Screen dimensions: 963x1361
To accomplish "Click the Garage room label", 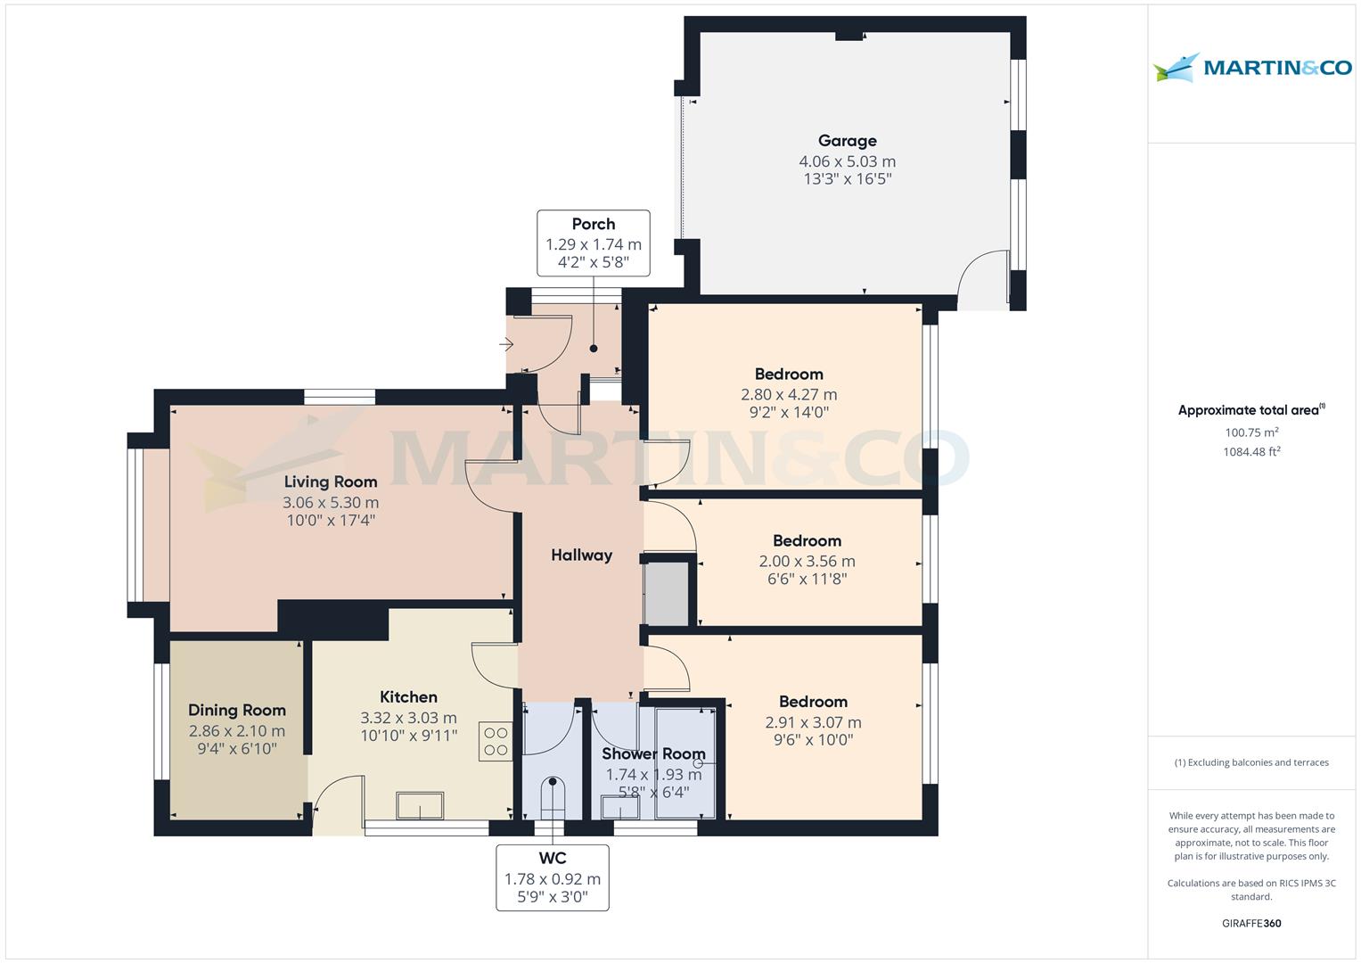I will point(847,141).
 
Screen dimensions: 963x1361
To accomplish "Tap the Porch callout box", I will point(594,243).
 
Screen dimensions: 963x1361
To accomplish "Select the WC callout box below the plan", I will point(553,877).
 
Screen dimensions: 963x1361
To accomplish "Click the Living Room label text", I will point(331,481).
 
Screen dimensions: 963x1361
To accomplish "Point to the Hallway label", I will point(581,556).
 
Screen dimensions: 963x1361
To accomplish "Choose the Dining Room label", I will point(237,711).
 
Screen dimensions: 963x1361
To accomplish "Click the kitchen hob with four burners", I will point(496,741).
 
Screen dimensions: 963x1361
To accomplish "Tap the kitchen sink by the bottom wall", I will point(420,805).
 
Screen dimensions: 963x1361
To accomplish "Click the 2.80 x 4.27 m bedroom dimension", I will point(789,394).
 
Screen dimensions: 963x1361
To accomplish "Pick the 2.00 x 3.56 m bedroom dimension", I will point(807,561).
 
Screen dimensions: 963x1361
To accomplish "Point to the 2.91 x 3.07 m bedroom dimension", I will point(813,722).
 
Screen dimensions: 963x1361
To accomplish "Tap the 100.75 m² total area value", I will point(1251,432).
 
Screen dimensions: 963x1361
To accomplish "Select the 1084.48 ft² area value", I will point(1251,452).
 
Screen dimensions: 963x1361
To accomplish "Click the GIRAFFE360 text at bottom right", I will point(1251,923).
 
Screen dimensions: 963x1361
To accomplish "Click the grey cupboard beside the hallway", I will point(667,593).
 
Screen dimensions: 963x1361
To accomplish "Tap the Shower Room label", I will point(653,754).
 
